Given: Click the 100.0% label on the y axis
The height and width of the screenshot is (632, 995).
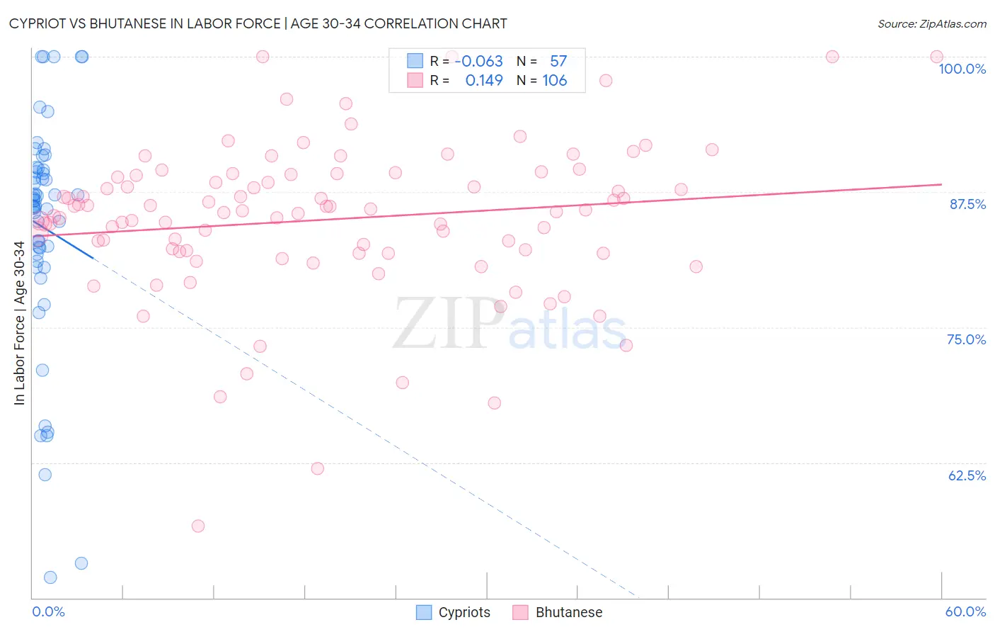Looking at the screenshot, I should click(962, 69).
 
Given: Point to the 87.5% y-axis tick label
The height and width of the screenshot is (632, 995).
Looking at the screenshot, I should click(967, 204).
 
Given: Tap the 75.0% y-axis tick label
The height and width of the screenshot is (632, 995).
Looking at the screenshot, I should click(966, 339).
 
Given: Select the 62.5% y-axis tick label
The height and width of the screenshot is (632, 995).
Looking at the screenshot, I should click(967, 475).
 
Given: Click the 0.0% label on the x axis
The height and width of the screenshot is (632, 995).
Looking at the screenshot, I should click(48, 611).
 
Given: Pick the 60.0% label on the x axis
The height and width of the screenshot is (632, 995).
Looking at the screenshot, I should click(965, 611).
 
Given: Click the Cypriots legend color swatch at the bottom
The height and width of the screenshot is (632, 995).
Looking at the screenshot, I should click(424, 612).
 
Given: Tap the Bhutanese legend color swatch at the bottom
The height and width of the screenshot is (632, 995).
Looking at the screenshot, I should click(521, 612).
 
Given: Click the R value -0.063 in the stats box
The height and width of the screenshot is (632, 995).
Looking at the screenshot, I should click(478, 62).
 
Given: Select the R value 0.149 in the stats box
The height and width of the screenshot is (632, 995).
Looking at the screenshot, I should click(484, 81).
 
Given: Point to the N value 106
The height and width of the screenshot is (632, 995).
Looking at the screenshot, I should click(554, 81).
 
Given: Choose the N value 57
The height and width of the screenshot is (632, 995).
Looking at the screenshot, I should click(558, 62).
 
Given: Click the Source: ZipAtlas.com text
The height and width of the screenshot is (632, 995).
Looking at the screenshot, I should click(931, 24).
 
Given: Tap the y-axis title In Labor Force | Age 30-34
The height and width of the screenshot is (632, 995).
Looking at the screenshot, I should click(19, 323).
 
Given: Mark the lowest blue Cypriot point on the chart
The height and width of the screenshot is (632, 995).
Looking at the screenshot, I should click(50, 577).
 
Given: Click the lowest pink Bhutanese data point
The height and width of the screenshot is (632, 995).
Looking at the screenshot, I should click(198, 526).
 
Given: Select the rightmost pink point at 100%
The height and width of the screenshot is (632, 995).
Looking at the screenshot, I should click(936, 57).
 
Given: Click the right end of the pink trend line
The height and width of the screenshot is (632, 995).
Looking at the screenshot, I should click(941, 184).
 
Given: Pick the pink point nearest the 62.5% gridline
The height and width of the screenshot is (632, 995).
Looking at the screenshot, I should click(318, 468).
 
